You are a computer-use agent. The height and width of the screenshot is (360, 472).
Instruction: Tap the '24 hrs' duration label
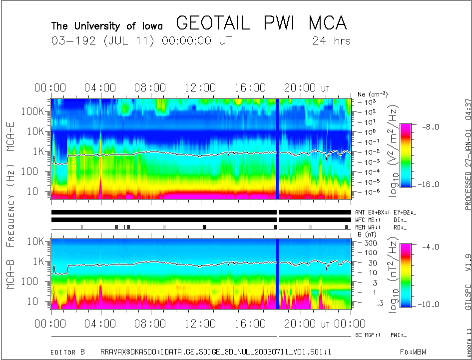[x=331, y=41]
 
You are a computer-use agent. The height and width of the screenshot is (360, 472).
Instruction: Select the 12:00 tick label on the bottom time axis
[x=200, y=324]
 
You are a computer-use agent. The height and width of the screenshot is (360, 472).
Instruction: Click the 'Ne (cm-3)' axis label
[x=373, y=94]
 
